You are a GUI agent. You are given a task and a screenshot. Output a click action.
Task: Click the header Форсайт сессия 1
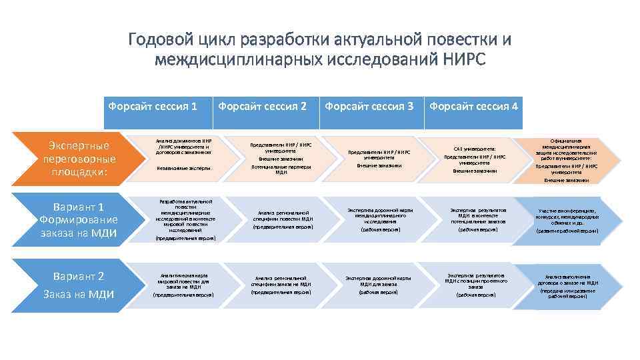click(153, 106)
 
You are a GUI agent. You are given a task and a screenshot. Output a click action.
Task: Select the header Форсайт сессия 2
click(263, 106)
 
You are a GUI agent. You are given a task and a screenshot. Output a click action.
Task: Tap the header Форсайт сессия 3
click(369, 106)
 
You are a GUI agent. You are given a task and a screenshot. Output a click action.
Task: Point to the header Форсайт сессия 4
click(474, 106)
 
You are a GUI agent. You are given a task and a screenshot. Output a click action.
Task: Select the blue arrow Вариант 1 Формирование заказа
click(74, 219)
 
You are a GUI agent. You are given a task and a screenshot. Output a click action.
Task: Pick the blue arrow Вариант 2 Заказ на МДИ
click(74, 285)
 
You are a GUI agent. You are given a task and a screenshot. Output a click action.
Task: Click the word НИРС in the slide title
click(463, 61)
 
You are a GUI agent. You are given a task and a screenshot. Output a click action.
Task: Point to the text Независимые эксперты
click(183, 169)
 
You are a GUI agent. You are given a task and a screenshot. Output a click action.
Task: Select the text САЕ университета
click(475, 149)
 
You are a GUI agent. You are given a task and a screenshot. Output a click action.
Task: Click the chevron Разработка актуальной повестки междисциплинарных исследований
click(183, 219)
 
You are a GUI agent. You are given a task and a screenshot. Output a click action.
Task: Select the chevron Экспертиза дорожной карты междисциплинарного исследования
click(379, 219)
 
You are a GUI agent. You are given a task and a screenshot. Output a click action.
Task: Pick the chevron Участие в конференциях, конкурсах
click(567, 221)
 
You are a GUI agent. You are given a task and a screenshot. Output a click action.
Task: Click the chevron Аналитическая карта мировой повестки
click(183, 285)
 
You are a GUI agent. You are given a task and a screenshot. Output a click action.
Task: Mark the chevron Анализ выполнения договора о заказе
click(567, 285)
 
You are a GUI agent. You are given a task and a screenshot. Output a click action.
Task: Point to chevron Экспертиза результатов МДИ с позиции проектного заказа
click(475, 285)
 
